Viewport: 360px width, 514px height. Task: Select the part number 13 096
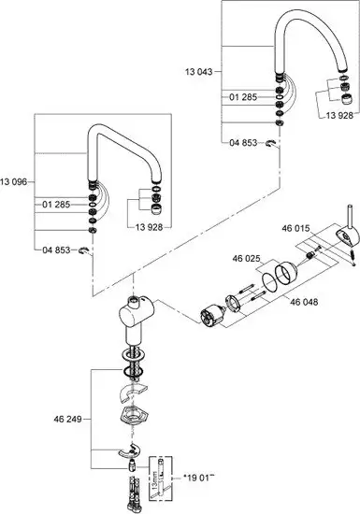tap(16, 179)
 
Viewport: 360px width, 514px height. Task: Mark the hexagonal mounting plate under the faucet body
tap(136, 416)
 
